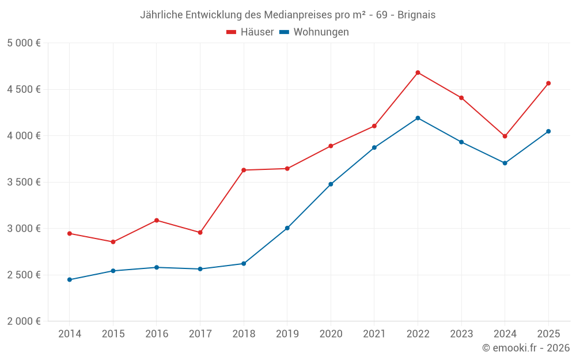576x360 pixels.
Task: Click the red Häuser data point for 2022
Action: click(x=418, y=73)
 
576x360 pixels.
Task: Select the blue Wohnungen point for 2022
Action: click(x=418, y=118)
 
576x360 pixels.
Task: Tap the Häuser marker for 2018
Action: click(x=244, y=170)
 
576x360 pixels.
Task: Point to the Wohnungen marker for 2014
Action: click(x=69, y=280)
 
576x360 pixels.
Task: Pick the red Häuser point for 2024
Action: click(x=505, y=137)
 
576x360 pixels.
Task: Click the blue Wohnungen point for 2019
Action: click(x=287, y=228)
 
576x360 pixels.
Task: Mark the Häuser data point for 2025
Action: click(x=548, y=83)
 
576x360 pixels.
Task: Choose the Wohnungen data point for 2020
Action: click(x=331, y=184)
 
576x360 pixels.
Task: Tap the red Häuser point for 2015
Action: click(x=113, y=242)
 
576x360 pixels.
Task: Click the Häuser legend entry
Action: click(x=250, y=32)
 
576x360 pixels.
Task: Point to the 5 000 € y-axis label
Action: click(x=24, y=43)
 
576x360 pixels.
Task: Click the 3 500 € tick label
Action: click(x=24, y=182)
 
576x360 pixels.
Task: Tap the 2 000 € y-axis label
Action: click(x=24, y=321)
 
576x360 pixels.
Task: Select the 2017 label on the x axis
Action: click(x=200, y=334)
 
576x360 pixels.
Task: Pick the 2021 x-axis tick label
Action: click(x=374, y=334)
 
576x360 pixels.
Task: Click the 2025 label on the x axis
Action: click(x=548, y=334)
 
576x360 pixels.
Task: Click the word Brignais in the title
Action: click(x=416, y=14)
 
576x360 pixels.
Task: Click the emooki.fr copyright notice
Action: click(x=525, y=348)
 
